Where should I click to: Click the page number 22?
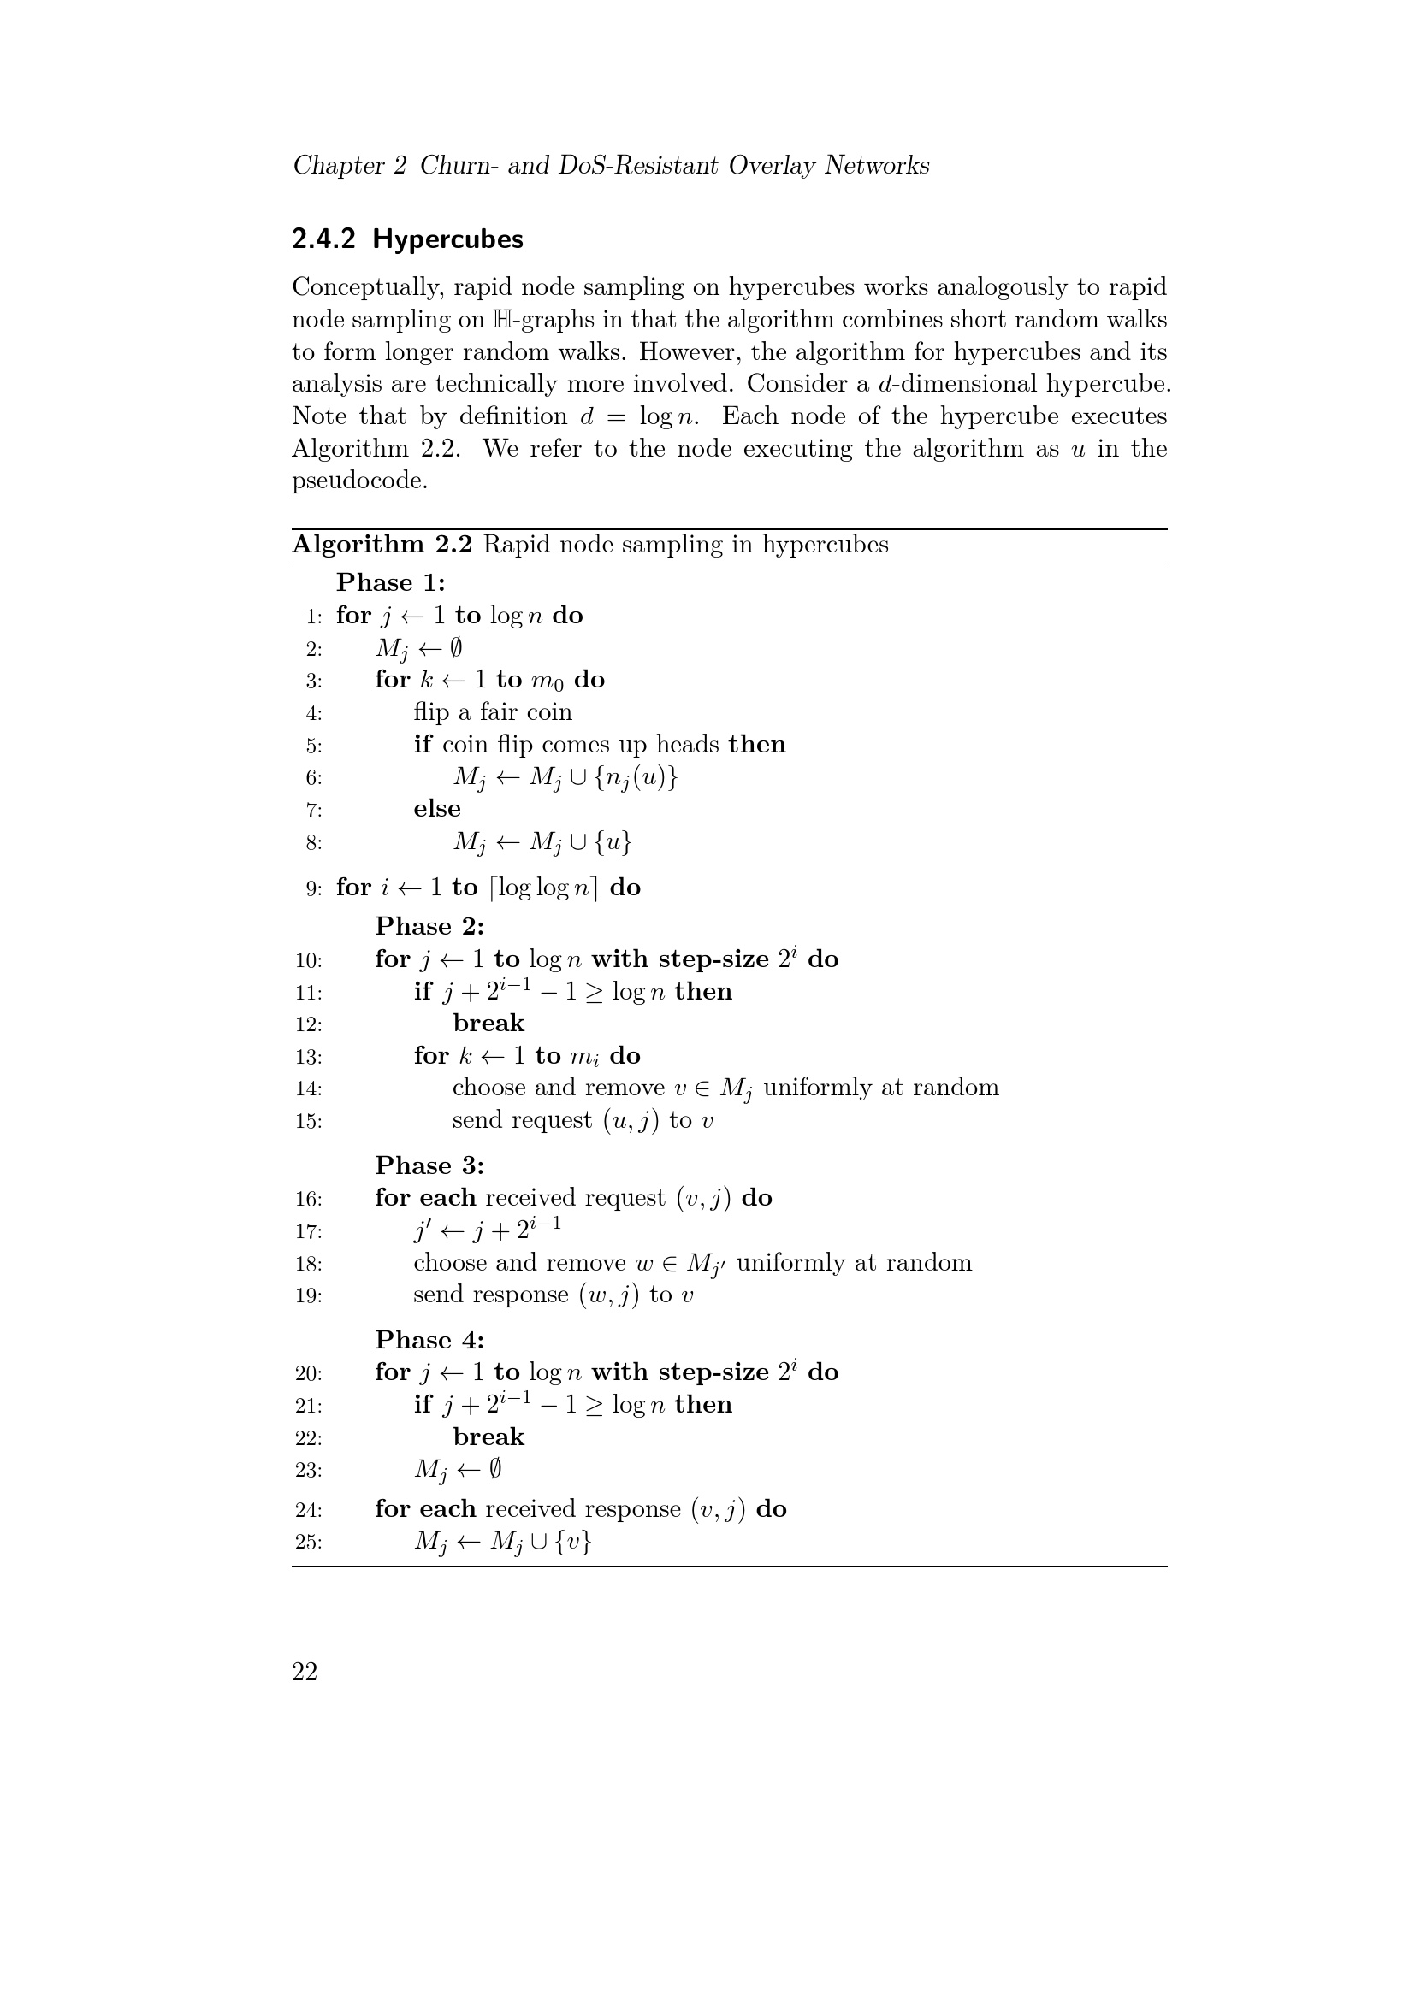coord(305,1672)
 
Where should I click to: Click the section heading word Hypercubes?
coord(447,239)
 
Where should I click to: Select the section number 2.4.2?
coord(324,239)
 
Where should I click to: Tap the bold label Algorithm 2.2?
coord(382,545)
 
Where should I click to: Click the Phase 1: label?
coord(390,583)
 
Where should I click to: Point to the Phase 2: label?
coord(429,926)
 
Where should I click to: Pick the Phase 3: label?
coord(429,1165)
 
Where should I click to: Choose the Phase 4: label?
coord(429,1340)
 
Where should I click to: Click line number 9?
coord(314,888)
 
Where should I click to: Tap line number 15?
coord(309,1121)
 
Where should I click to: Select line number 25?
coord(309,1543)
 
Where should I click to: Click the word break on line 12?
coord(488,1023)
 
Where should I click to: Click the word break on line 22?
coord(488,1437)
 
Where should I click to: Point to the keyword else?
coord(436,809)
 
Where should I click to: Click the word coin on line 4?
coord(548,712)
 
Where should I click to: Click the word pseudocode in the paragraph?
coord(359,481)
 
